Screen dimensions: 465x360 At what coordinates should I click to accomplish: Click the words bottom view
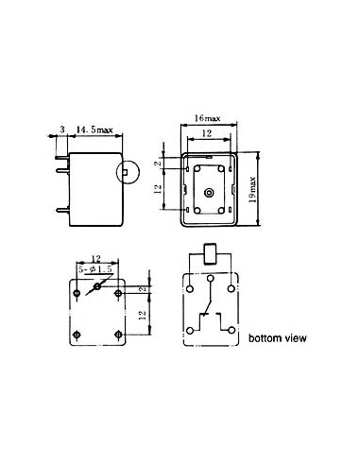pos(278,337)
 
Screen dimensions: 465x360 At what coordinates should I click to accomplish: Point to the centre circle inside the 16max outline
pos(207,191)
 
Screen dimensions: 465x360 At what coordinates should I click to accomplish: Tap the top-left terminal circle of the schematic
pos(193,283)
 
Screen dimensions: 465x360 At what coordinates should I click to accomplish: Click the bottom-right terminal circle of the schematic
pos(231,329)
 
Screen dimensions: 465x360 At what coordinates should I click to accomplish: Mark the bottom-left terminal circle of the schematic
pos(192,329)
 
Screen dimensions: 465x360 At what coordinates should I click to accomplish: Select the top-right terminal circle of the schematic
pos(231,283)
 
